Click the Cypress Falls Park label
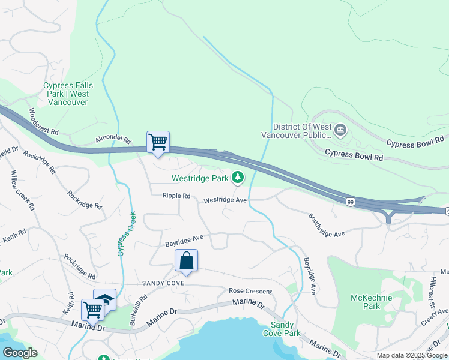tap(66, 94)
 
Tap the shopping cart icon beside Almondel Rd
tap(158, 143)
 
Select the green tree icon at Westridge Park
tap(238, 178)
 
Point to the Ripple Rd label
tap(176, 196)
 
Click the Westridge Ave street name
tap(225, 200)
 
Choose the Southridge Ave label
tap(327, 225)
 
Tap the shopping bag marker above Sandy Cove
tap(186, 261)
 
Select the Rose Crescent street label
tap(250, 291)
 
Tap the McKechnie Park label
tap(372, 302)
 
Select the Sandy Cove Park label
tap(282, 329)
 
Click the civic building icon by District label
tap(340, 130)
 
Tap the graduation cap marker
tap(105, 299)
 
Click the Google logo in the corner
tap(20, 352)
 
